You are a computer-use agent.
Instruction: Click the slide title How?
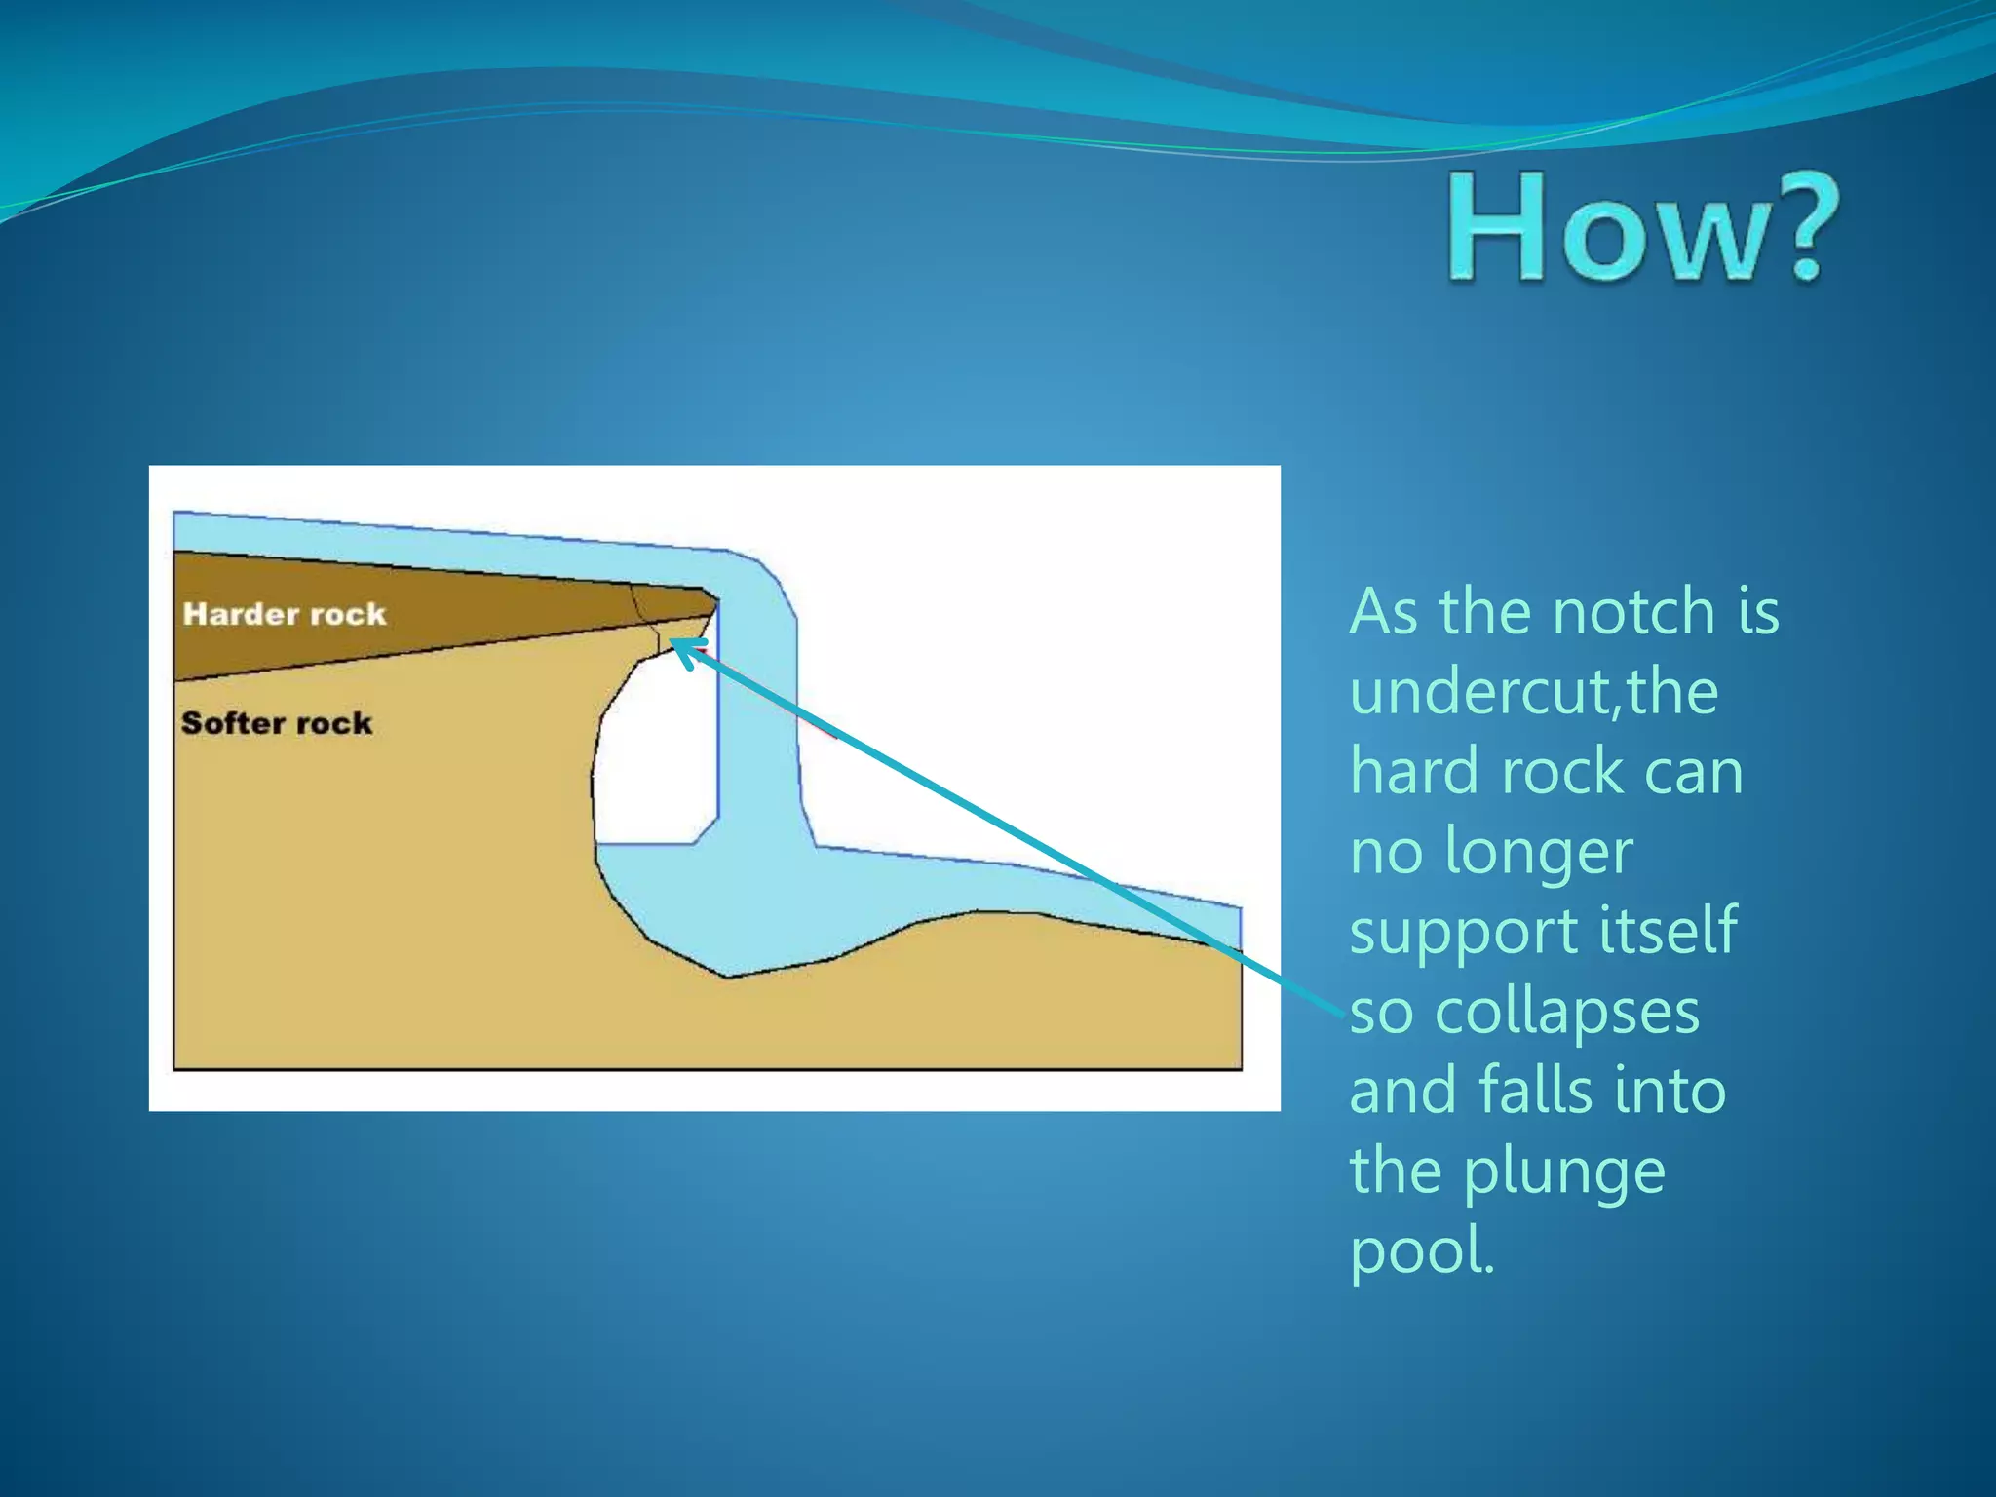tap(1642, 227)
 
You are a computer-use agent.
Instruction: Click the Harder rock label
tap(285, 614)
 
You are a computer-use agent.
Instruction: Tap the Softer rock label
tap(277, 723)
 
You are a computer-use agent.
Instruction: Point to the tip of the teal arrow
tap(674, 643)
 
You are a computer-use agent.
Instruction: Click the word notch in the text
tap(1633, 613)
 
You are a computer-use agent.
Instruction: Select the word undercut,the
tap(1534, 692)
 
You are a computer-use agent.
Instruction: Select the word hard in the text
tap(1414, 772)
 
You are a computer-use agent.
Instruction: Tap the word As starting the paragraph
tap(1384, 613)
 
